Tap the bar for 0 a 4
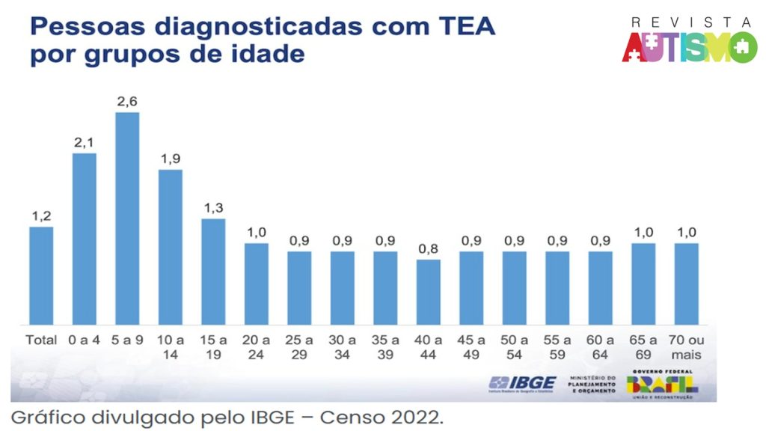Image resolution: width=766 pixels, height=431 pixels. [x=85, y=239]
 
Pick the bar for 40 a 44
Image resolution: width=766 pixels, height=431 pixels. [x=429, y=292]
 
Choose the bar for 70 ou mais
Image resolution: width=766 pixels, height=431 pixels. [x=686, y=284]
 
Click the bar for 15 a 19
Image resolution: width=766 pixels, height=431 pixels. [x=213, y=272]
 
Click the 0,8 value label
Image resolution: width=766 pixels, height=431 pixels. [x=429, y=249]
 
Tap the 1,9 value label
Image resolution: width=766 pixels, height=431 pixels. [x=171, y=159]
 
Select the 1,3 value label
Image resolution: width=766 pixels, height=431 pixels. [x=213, y=208]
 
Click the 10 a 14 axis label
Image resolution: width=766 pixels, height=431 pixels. [x=171, y=346]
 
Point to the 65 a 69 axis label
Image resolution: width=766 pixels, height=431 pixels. [x=643, y=346]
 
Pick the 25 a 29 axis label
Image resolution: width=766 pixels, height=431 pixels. [x=299, y=346]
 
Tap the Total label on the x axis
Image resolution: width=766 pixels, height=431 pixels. [x=41, y=340]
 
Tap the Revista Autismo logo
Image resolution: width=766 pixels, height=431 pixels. [x=689, y=42]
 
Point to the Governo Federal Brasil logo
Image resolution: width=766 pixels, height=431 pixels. [x=661, y=383]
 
